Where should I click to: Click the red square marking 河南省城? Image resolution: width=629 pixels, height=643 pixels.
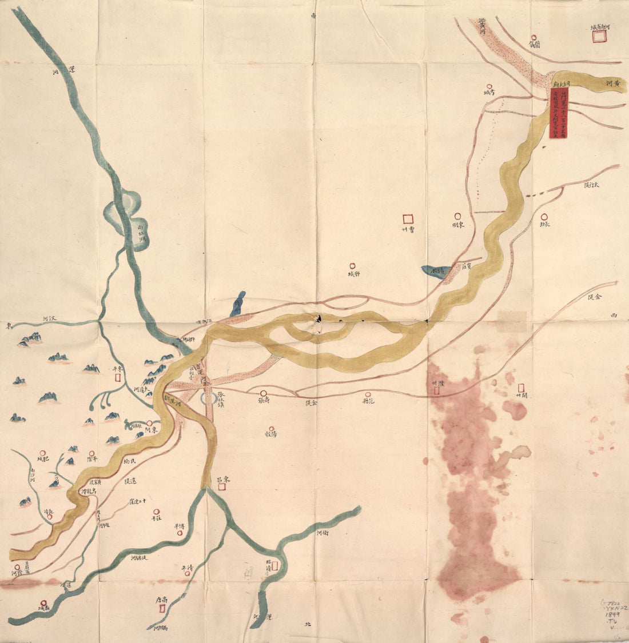point(599,36)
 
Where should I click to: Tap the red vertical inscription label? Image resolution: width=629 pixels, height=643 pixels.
point(555,113)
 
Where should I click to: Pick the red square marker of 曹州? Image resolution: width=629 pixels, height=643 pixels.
point(408,218)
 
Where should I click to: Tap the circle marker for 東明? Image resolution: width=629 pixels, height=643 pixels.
point(457,216)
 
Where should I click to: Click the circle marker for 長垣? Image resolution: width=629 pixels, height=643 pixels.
point(544,217)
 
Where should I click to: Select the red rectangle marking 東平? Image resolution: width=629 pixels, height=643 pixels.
point(118,377)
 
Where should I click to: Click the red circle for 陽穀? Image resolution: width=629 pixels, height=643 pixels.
point(273,428)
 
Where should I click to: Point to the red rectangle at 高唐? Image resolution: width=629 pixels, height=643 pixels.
point(161,609)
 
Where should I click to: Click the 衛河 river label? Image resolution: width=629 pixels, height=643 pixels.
point(322,533)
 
